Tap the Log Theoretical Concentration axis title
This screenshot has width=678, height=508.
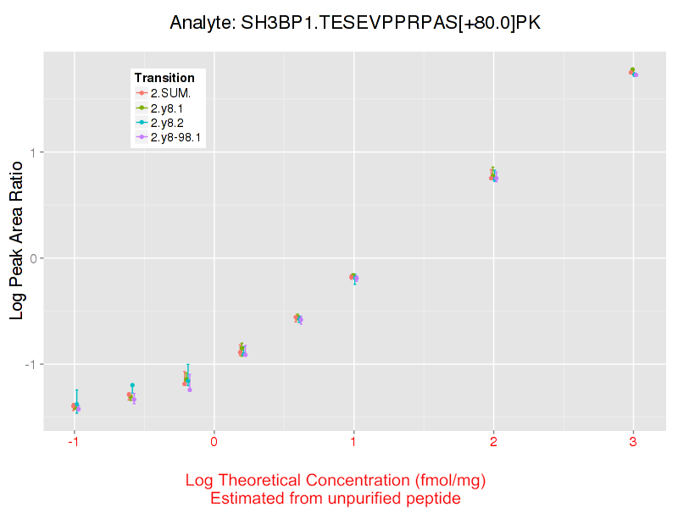point(336,481)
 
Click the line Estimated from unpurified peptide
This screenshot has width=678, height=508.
point(336,498)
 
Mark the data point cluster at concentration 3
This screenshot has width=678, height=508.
point(633,72)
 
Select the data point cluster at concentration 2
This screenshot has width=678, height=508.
point(493,176)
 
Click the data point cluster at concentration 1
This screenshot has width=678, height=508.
point(353,277)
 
